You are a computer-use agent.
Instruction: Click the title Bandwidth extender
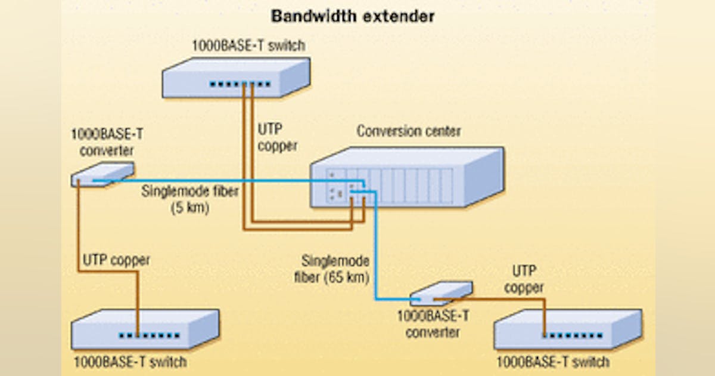[x=353, y=16]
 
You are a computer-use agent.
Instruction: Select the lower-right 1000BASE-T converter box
[x=442, y=292]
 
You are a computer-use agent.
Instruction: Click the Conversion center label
[x=408, y=131]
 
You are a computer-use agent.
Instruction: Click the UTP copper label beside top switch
[x=277, y=137]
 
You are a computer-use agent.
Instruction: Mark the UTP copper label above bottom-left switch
[x=116, y=260]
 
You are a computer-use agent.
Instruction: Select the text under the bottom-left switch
[x=129, y=362]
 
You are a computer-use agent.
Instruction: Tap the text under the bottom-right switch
[x=552, y=362]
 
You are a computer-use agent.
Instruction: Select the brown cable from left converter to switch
[x=79, y=239]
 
